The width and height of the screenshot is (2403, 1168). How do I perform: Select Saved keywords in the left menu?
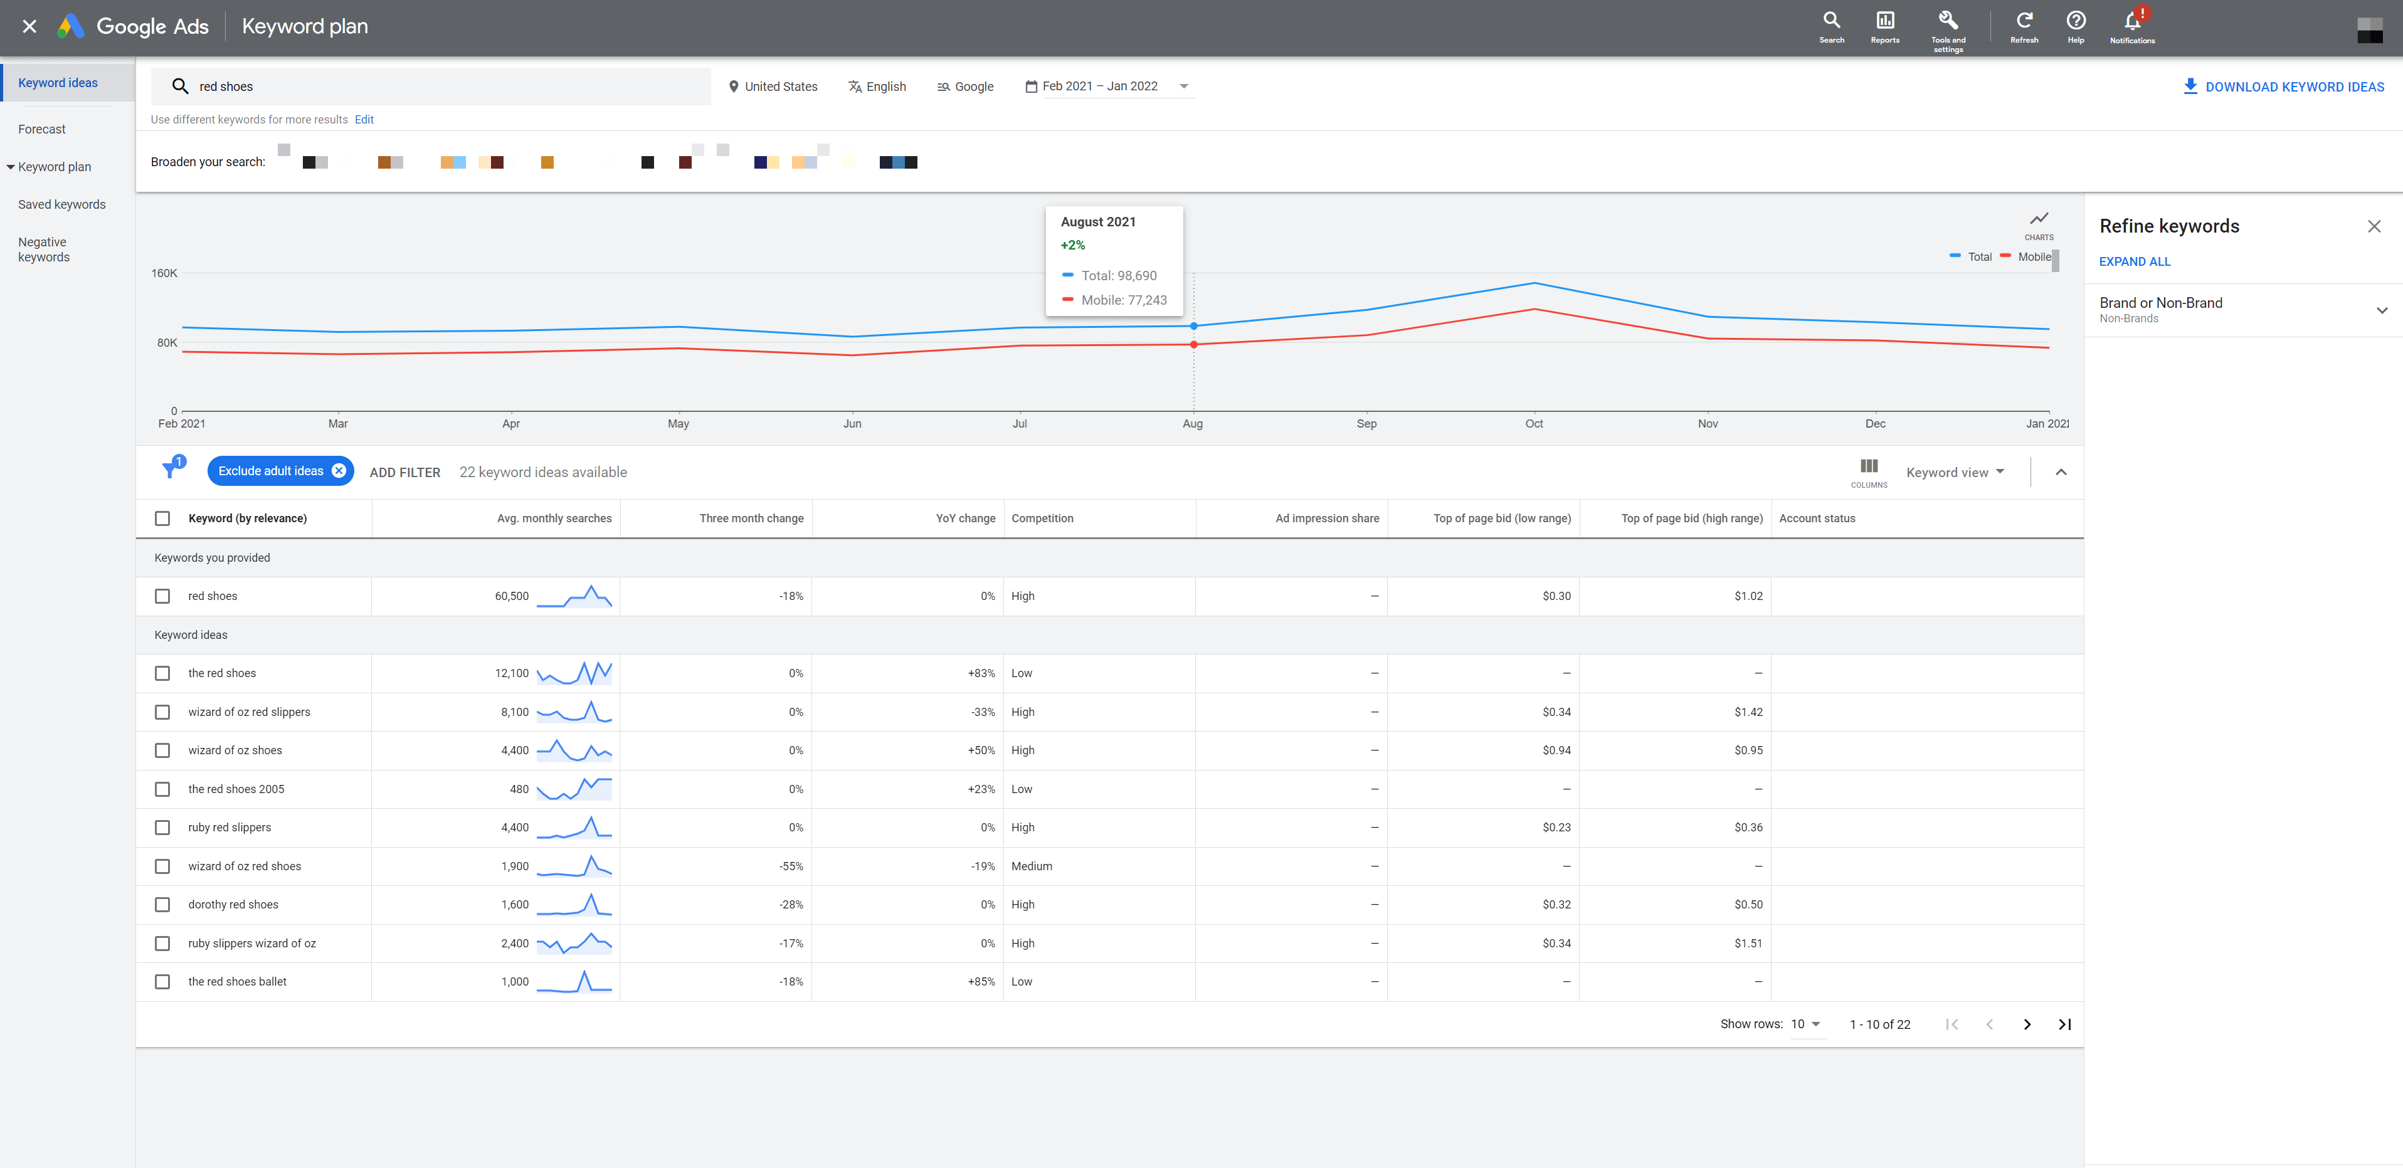tap(61, 204)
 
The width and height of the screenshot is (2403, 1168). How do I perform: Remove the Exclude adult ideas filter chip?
tap(339, 471)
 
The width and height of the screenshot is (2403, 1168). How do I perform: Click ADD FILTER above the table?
tap(405, 473)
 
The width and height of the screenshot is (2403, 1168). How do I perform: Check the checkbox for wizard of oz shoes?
tap(162, 750)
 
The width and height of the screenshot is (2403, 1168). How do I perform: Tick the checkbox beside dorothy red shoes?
tap(162, 905)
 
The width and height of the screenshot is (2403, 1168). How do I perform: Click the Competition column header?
tap(1042, 518)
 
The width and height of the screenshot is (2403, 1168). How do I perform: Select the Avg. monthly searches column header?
tap(554, 518)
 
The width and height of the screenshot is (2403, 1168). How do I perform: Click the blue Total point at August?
tap(1193, 325)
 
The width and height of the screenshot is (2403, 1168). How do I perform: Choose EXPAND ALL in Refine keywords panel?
tap(2135, 262)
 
